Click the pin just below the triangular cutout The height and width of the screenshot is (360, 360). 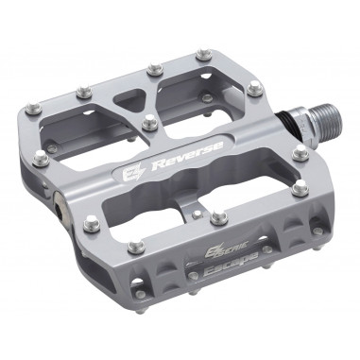(x=148, y=121)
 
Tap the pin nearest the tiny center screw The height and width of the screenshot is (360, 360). (x=218, y=217)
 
